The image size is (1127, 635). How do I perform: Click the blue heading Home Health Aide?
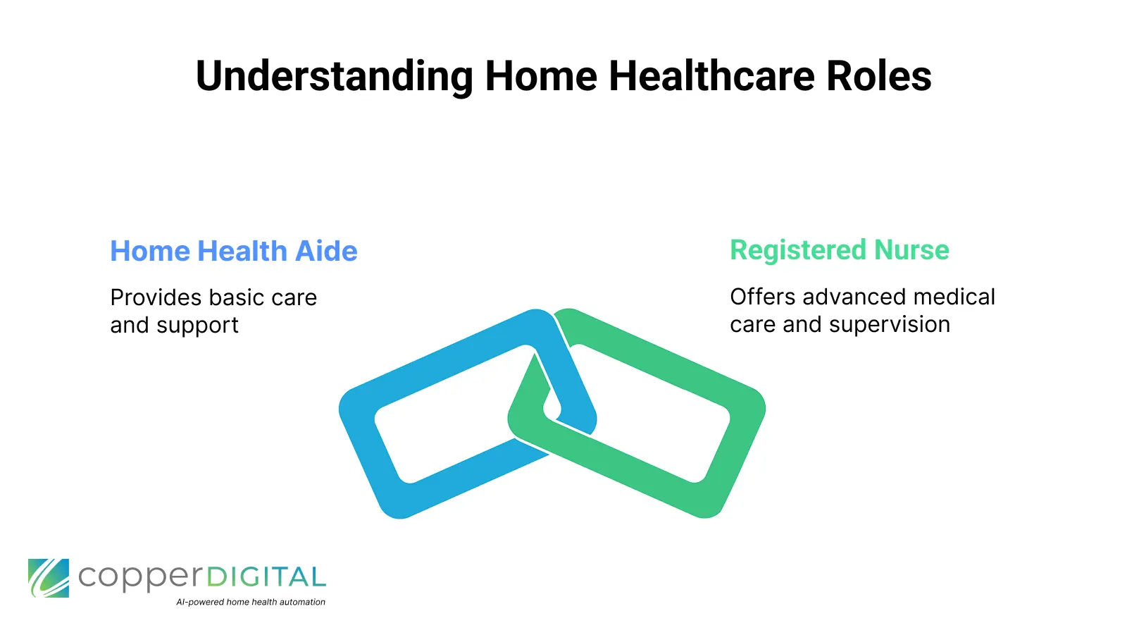[234, 252]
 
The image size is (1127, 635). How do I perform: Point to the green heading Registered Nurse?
[839, 250]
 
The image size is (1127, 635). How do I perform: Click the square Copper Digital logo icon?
[49, 579]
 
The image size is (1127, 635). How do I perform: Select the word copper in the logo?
[139, 578]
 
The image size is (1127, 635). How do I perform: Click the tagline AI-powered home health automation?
[251, 602]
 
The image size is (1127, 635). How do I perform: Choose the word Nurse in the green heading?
[911, 250]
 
